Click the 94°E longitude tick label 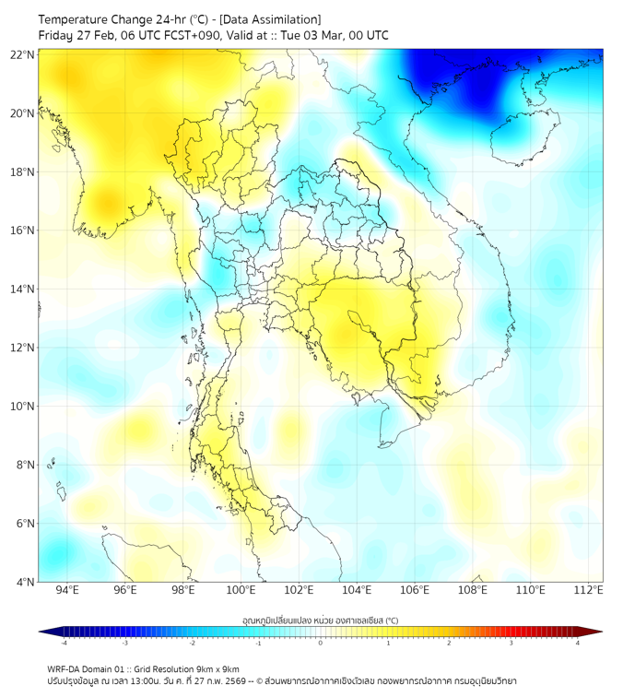(x=67, y=591)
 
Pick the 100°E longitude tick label (x=241, y=591)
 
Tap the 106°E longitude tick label (x=415, y=591)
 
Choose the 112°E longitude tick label (x=588, y=591)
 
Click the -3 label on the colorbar (x=125, y=643)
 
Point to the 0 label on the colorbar (x=321, y=643)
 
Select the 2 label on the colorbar (x=449, y=643)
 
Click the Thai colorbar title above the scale (x=320, y=620)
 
